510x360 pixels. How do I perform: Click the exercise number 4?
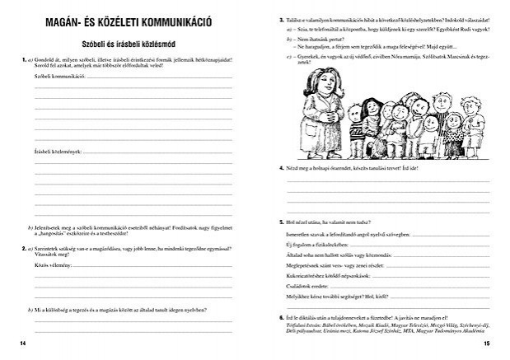click(x=282, y=168)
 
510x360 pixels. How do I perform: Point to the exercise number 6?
click(x=282, y=317)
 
